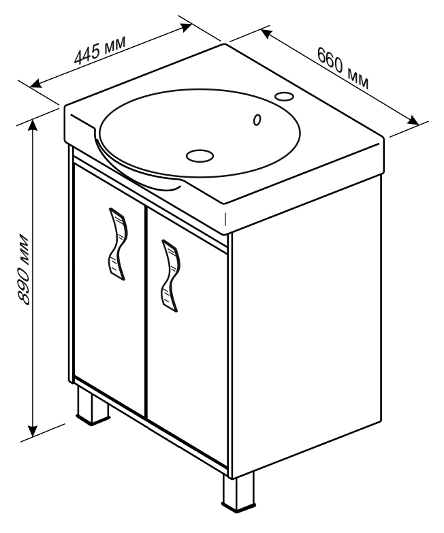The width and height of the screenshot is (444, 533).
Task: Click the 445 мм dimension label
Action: [x=100, y=50]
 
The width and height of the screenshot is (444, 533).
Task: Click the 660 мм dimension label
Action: [x=343, y=67]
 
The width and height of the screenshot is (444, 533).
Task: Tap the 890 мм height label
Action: [x=23, y=268]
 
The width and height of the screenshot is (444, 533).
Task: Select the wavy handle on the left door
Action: [x=118, y=244]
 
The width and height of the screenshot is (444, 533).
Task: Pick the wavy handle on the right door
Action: [x=170, y=275]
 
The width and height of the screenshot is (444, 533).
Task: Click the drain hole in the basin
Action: [x=200, y=156]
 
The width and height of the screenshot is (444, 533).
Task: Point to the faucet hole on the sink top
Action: [x=284, y=96]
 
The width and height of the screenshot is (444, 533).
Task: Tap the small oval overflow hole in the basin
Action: [x=257, y=119]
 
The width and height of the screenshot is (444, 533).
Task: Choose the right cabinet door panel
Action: [x=187, y=336]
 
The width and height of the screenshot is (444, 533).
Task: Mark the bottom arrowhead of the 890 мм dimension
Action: [x=33, y=431]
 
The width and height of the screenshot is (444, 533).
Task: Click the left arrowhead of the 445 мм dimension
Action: [x=35, y=84]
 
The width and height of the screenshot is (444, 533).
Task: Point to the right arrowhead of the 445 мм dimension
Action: [x=187, y=27]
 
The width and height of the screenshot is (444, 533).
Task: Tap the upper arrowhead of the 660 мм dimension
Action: [x=266, y=33]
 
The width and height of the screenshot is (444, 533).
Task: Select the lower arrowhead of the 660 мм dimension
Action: [x=413, y=120]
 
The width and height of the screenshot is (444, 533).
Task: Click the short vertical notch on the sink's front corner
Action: [x=225, y=219]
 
